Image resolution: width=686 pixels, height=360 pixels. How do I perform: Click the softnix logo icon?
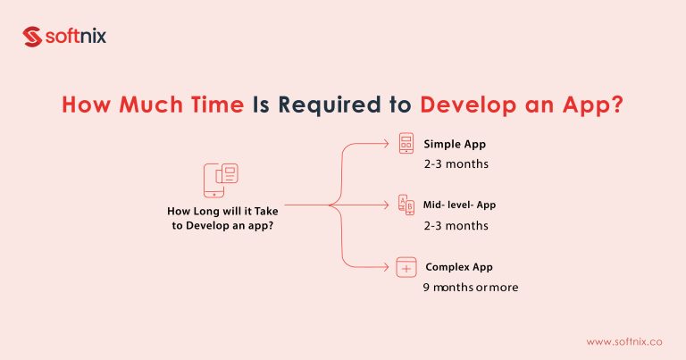[x=33, y=37]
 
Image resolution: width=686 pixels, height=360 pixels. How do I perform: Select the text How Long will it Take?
[x=222, y=212]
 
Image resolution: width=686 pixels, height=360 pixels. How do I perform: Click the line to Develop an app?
[x=222, y=226]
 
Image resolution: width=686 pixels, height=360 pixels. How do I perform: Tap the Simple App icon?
[x=406, y=144]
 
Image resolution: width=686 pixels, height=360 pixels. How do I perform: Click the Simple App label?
[x=455, y=143]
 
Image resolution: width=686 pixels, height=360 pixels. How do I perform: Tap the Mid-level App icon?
[x=406, y=205]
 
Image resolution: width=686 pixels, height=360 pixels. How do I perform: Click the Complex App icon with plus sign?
[x=406, y=266]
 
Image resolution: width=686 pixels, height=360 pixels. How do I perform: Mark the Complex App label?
[x=458, y=266]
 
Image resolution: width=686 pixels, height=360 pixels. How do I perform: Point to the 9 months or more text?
[x=470, y=288]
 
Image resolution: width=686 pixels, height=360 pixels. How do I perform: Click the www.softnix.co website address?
[x=624, y=341]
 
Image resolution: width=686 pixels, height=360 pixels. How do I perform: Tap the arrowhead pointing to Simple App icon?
[x=387, y=143]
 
